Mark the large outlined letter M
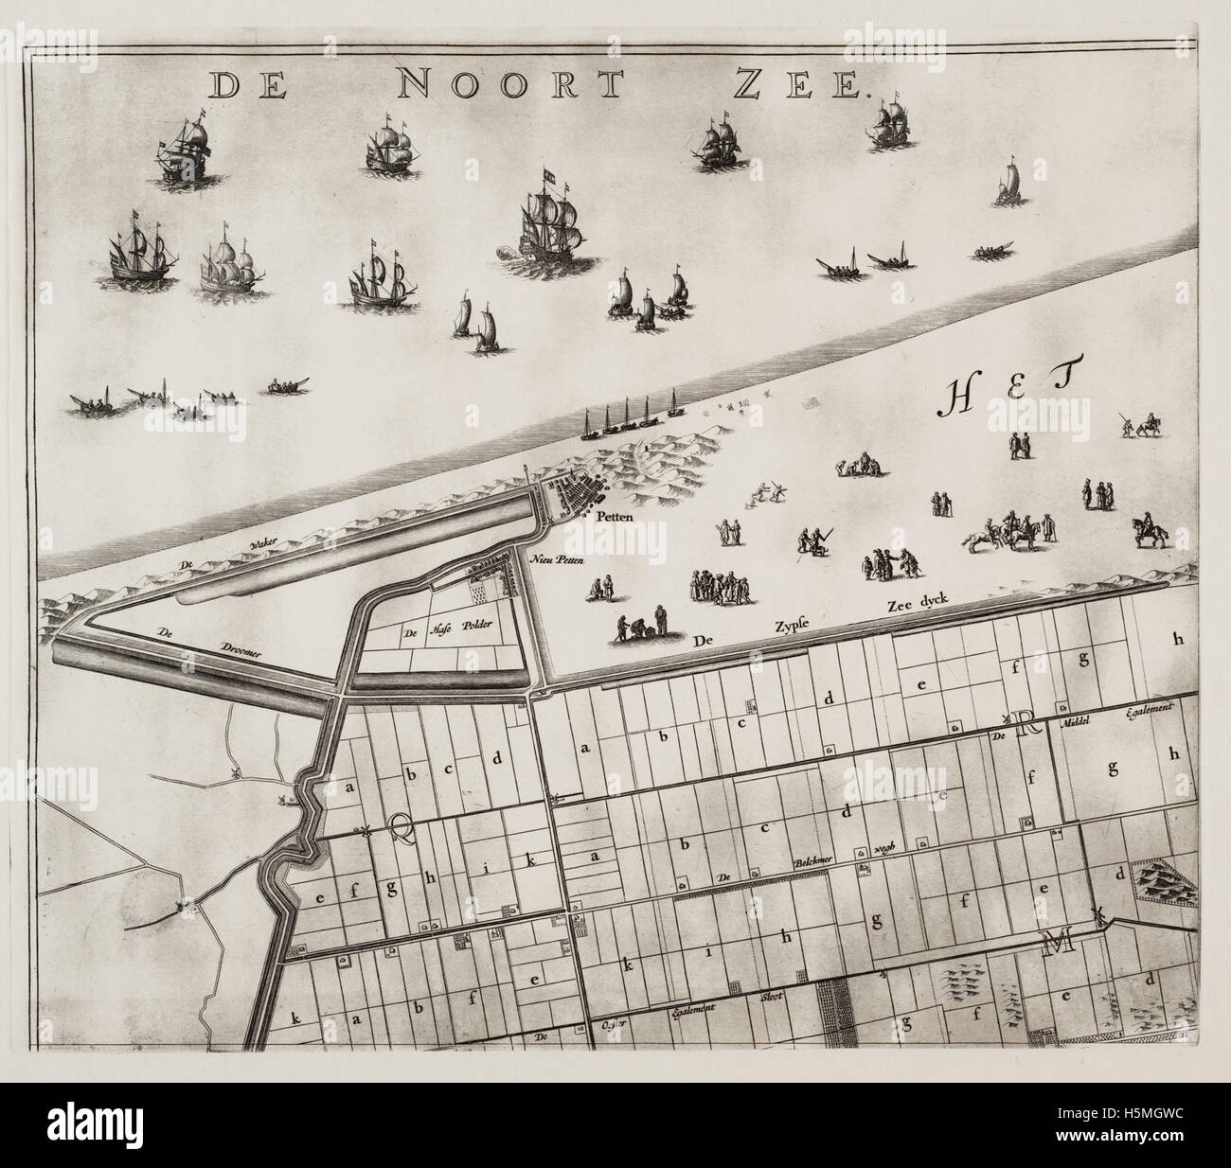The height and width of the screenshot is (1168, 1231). click(1053, 942)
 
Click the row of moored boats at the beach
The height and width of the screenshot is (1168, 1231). click(630, 422)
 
